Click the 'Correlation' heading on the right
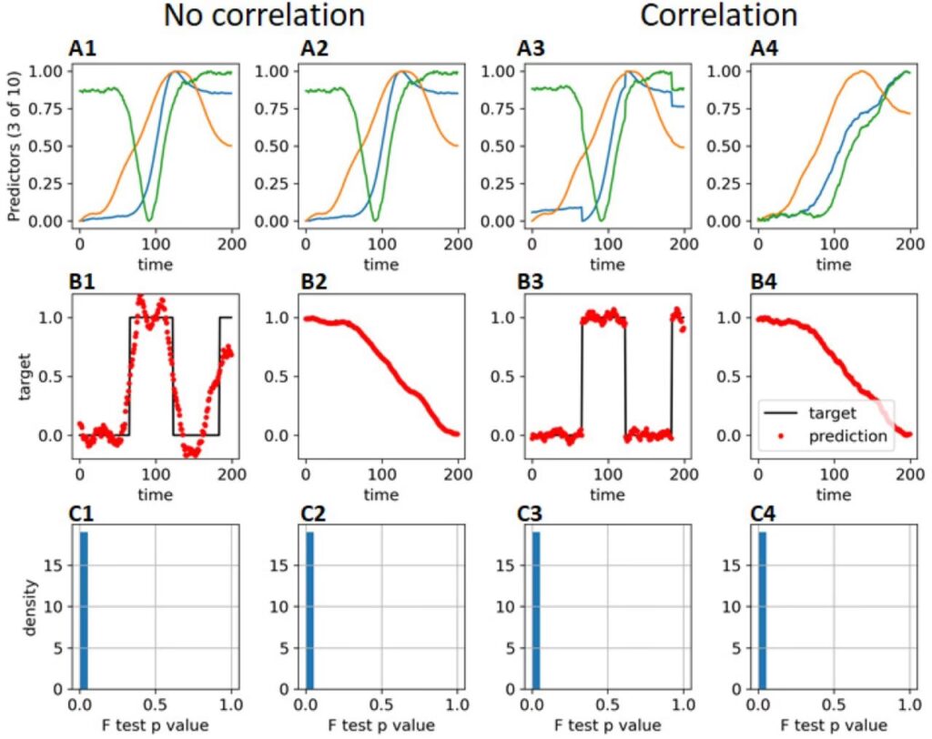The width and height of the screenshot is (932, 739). (718, 15)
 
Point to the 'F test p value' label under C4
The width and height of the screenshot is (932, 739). (834, 724)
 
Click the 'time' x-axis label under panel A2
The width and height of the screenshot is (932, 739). (380, 264)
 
